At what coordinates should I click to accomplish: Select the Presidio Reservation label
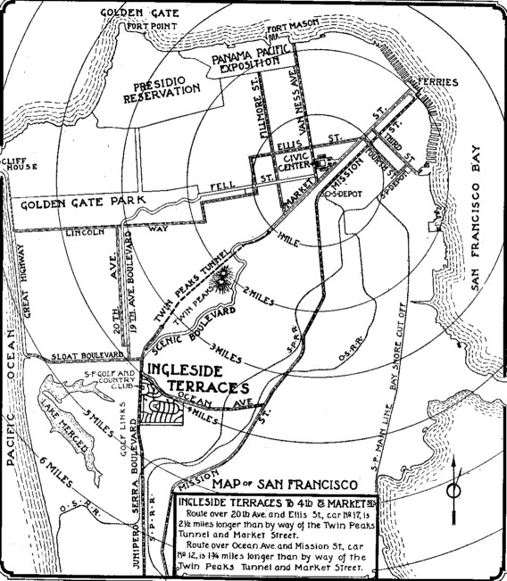tap(154, 86)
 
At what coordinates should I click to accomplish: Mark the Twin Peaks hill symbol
tap(221, 273)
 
